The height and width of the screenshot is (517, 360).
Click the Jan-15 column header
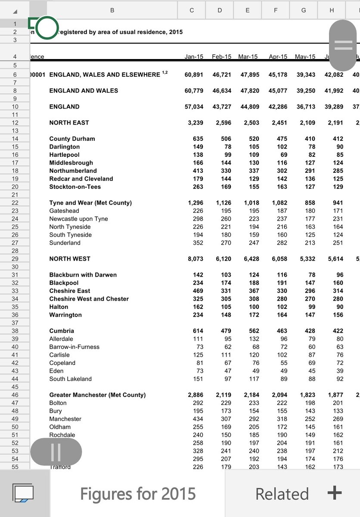coord(194,56)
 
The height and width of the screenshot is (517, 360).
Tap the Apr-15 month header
coord(278,56)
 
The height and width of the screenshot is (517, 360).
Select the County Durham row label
coord(72,139)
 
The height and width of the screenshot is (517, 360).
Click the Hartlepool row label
coord(64,155)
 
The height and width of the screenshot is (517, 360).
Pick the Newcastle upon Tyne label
coord(78,219)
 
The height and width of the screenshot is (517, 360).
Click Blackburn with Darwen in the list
coord(83,275)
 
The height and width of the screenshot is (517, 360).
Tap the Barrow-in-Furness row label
coord(74,347)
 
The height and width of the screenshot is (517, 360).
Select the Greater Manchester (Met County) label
coord(97,395)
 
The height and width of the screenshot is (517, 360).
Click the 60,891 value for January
coord(194,75)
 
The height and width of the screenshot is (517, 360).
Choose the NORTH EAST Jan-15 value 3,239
coord(196,123)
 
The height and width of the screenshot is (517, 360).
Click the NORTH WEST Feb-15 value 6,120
coord(223,259)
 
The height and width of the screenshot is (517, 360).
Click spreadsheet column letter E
coord(247,10)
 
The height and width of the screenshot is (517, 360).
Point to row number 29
coord(15,259)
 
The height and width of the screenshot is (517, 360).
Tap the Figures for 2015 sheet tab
coord(138,494)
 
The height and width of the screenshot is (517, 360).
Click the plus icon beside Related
coord(334,493)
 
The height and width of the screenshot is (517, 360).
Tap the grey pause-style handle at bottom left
coord(56,452)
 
